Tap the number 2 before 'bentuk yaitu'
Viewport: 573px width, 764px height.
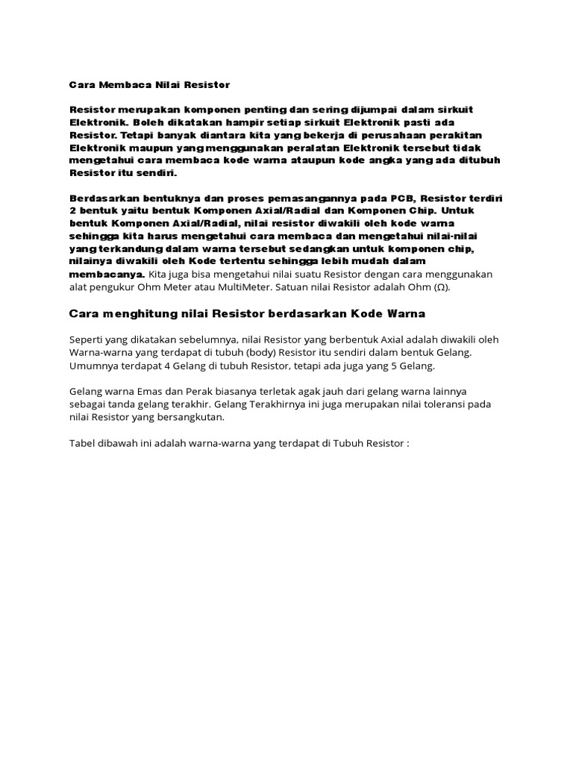[x=72, y=211]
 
